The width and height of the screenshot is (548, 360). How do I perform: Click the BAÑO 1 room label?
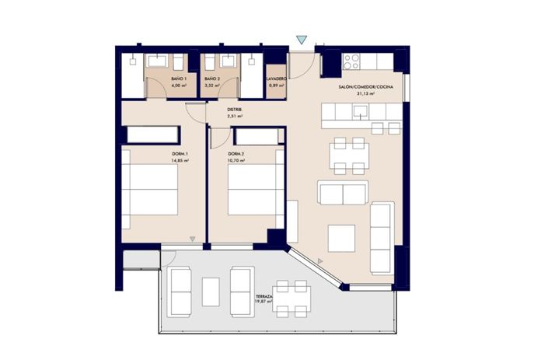179,79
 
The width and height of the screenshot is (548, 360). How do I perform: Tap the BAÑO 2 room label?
212,79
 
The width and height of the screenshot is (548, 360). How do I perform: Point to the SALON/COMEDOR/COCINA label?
365,87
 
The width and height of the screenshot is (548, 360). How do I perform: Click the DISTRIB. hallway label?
235,110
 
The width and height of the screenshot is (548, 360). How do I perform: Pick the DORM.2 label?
236,154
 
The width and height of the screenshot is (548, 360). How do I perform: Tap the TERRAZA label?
264,297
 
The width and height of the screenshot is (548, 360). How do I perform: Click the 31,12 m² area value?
365,93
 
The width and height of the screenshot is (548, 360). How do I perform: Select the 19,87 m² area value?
264,302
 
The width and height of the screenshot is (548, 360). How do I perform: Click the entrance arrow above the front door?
302,40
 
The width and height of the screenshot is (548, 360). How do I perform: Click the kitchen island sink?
361,111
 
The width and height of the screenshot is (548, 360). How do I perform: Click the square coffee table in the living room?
341,237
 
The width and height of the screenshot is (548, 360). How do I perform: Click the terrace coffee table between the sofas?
211,292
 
